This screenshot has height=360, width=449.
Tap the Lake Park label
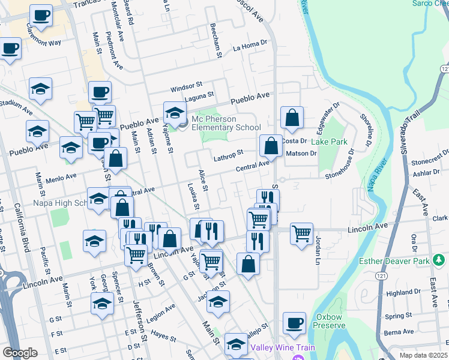click(330, 142)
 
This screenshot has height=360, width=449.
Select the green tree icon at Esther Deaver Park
click(439, 259)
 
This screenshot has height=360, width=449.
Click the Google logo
click(20, 353)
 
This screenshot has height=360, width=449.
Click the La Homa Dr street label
click(250, 46)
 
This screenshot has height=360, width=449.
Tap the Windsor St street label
click(187, 88)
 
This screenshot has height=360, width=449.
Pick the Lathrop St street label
click(229, 157)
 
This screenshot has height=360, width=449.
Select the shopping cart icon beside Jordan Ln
click(301, 233)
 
